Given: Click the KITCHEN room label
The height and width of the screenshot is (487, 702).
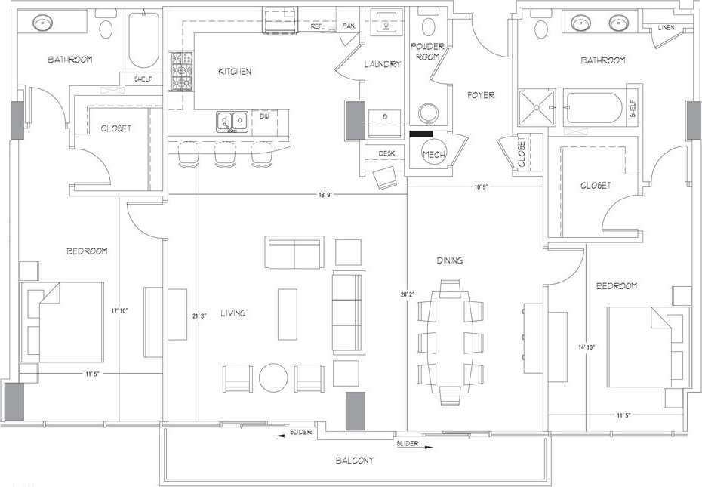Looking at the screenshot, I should coord(235,72).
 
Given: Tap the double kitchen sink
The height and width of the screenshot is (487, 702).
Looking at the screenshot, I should coord(232,121).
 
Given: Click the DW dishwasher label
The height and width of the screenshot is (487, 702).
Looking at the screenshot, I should coord(264,117).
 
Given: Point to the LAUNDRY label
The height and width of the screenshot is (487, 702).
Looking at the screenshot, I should coord(382,65).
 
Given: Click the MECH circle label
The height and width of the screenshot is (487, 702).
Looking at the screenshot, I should coord(434,154).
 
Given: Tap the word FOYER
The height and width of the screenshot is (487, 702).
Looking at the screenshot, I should coord(481,95).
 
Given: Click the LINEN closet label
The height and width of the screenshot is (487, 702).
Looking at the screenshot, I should coord(666,28).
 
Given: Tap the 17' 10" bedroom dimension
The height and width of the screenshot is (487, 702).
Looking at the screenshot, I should coord(119,310).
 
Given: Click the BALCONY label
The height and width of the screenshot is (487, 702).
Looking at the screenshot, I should coord(354,460).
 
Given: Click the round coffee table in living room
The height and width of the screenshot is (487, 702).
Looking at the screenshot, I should coord(272,377).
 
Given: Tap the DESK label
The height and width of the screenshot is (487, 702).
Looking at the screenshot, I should coord(386,153).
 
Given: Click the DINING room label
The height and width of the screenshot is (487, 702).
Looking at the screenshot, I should coord(449,260).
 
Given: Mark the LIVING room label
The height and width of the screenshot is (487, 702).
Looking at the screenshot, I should coord(233,313).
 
